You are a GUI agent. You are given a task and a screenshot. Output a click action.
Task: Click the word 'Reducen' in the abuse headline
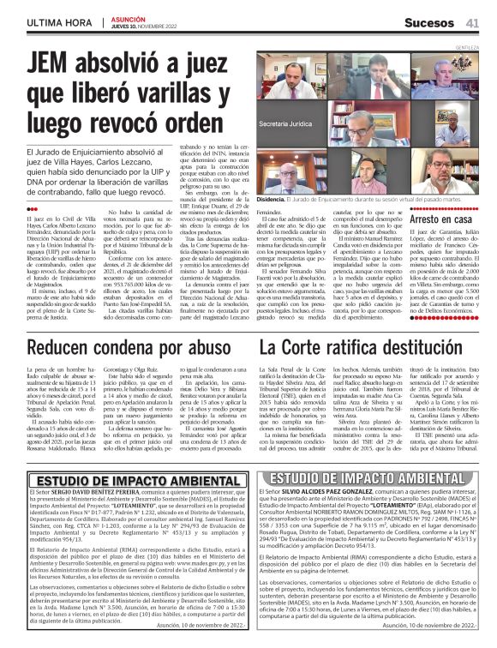pyautogui.click(x=63, y=347)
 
